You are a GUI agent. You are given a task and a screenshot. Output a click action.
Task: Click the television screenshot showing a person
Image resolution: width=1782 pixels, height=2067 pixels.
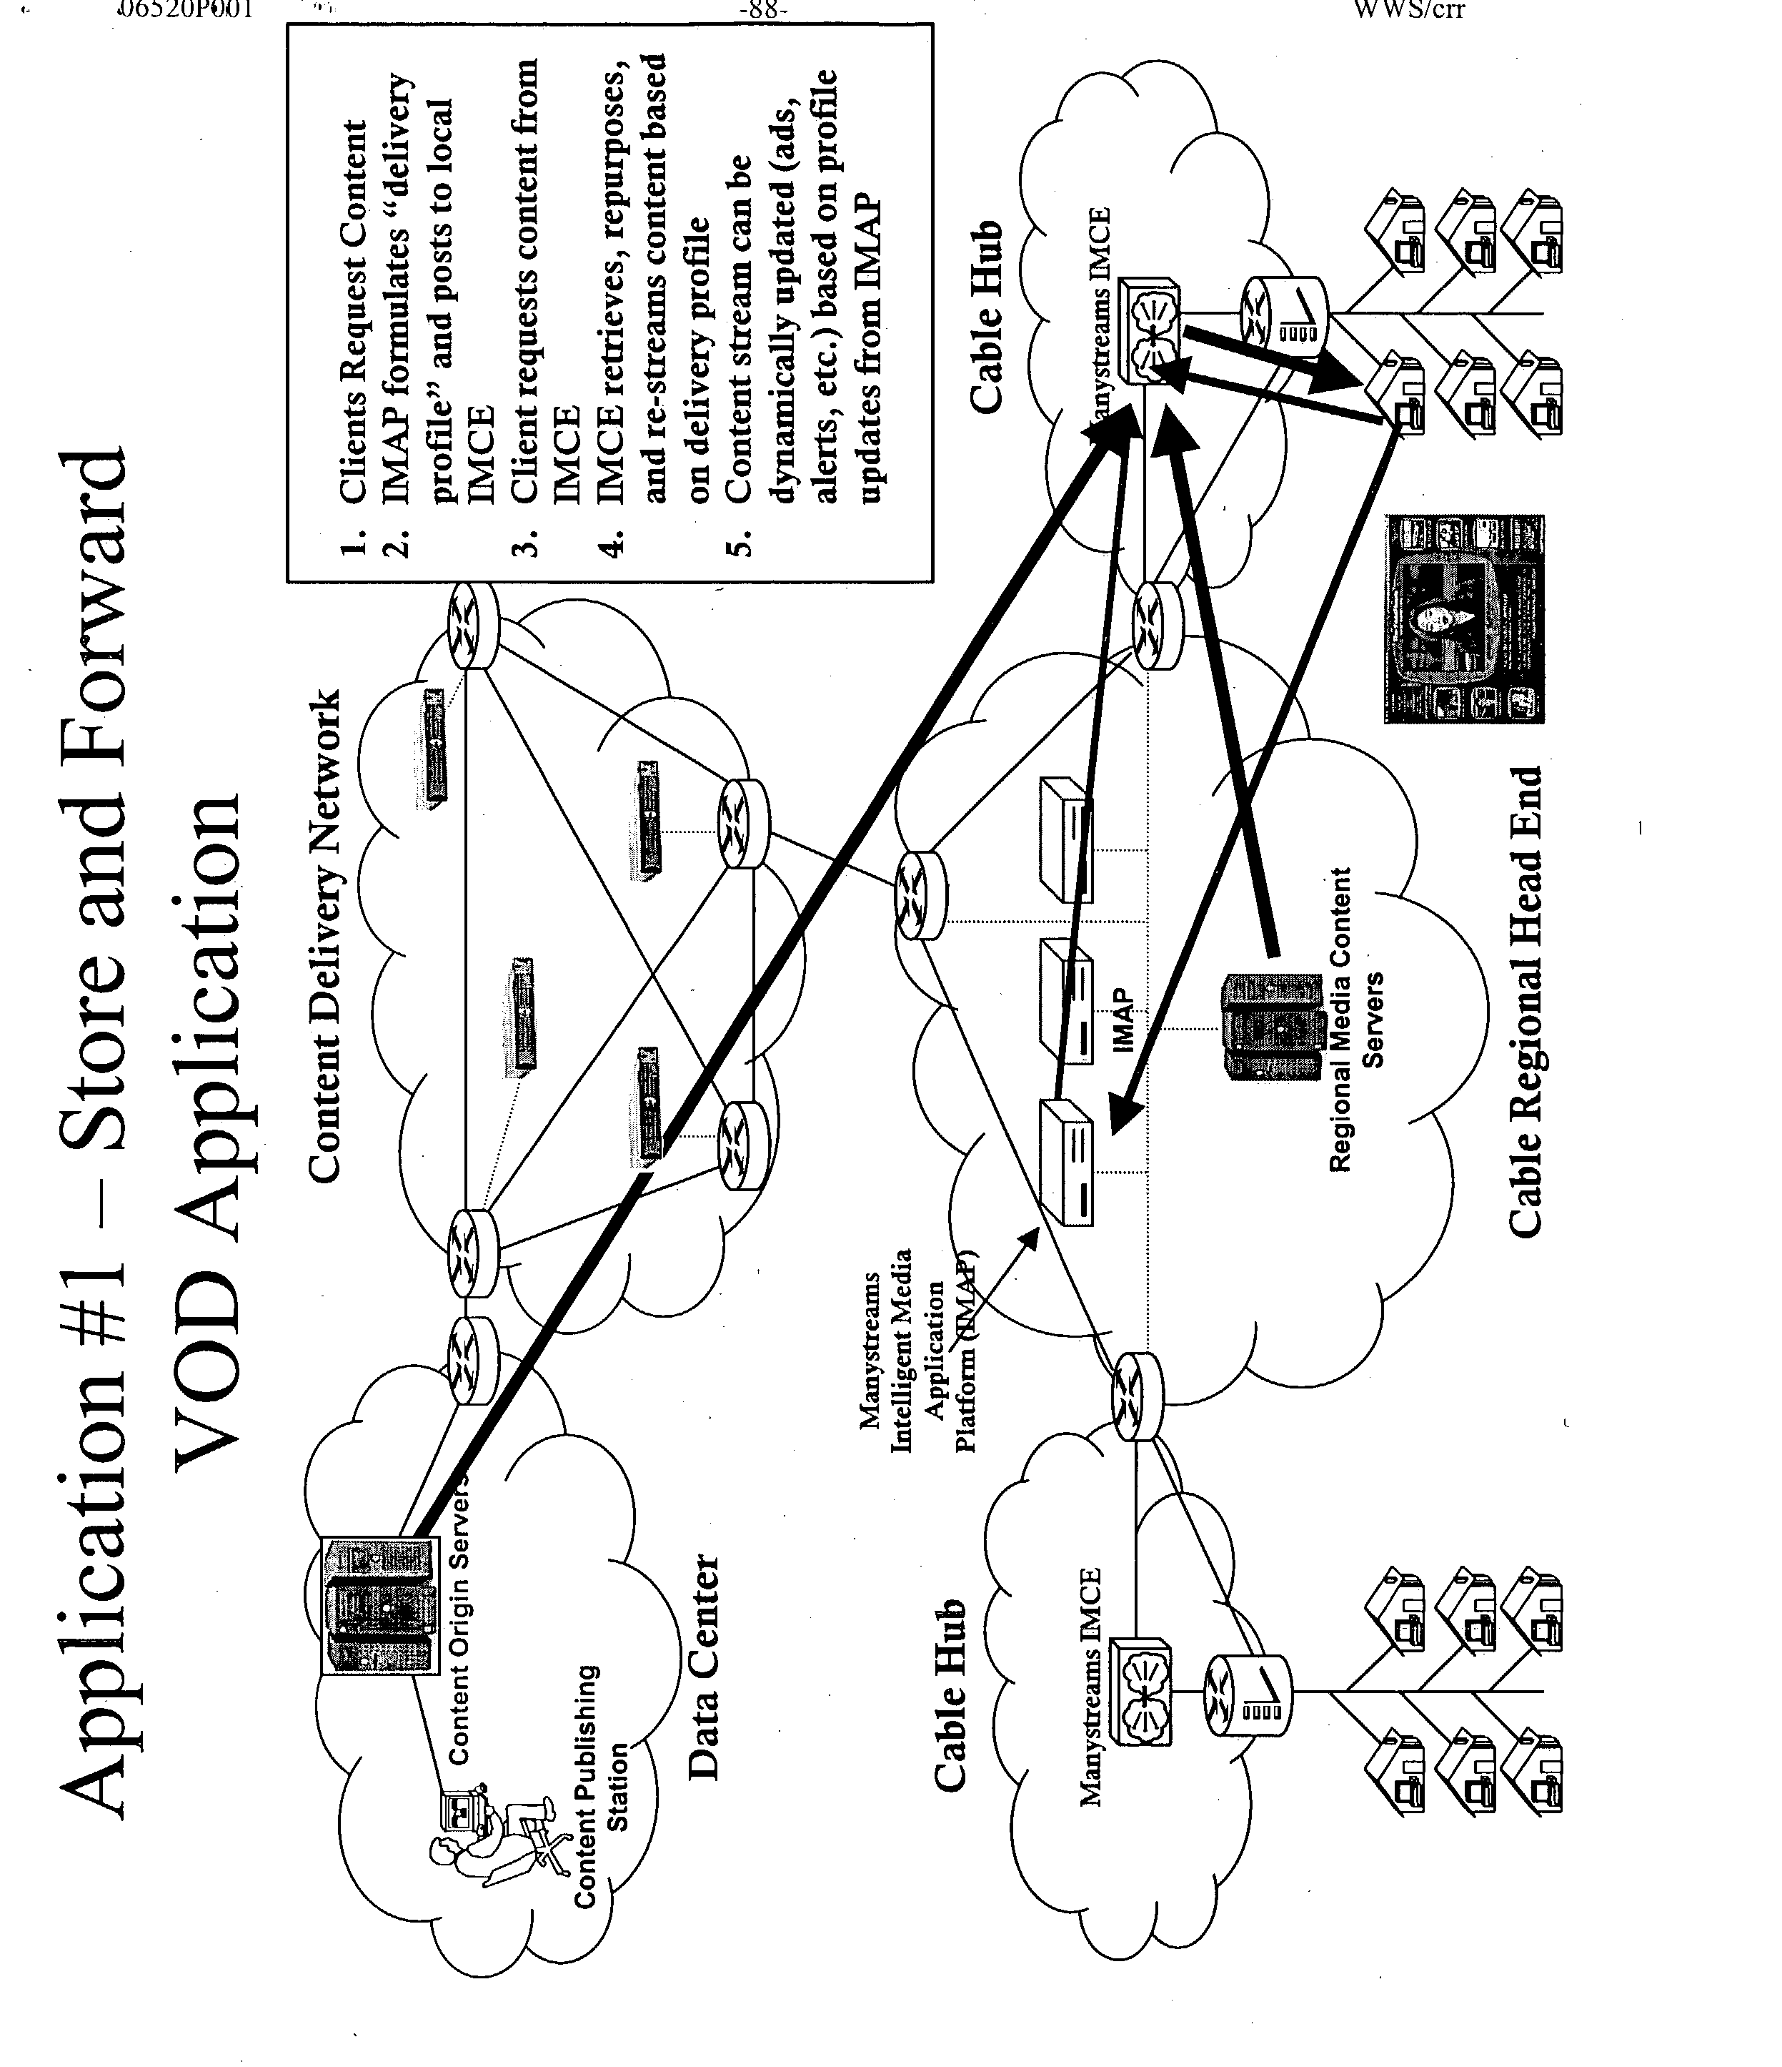pyautogui.click(x=1463, y=618)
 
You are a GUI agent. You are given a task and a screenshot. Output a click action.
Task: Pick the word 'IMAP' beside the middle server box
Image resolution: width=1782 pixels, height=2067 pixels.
pyautogui.click(x=1123, y=1020)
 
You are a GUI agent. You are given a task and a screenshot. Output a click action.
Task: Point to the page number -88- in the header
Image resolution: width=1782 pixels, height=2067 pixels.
pyautogui.click(x=763, y=10)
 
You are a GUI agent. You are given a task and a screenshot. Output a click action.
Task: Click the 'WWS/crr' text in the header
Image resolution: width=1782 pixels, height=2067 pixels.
pyautogui.click(x=1409, y=10)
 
